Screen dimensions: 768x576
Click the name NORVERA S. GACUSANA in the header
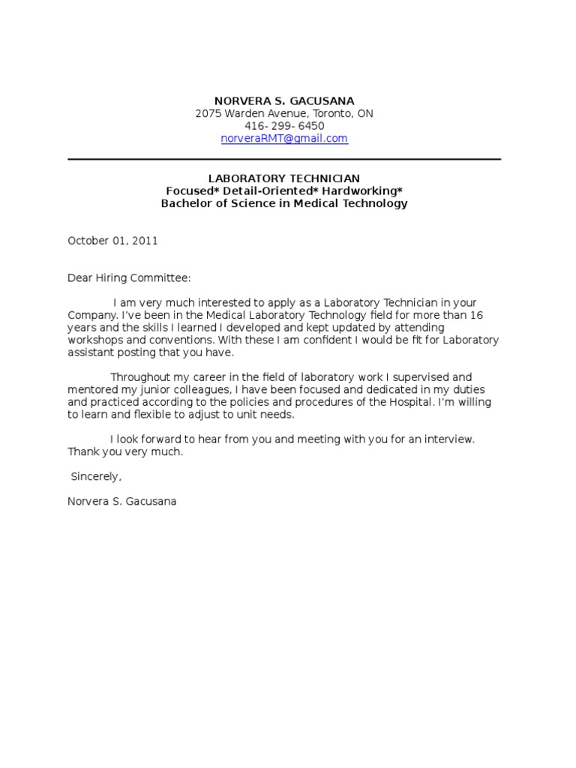[284, 100]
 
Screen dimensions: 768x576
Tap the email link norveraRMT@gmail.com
[284, 139]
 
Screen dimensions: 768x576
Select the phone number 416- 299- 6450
[284, 126]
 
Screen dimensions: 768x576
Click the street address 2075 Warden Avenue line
[284, 113]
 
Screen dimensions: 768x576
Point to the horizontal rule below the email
[284, 159]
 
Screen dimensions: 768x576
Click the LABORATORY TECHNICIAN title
[284, 178]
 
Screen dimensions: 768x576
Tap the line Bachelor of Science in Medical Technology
[284, 203]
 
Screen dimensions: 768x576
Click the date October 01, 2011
[112, 241]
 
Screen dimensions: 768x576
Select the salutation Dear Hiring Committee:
[130, 277]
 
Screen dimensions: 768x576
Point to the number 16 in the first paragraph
[487, 315]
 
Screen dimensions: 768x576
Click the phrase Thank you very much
[125, 452]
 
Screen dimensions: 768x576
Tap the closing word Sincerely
[95, 477]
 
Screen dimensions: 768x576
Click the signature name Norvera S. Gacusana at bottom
[122, 501]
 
